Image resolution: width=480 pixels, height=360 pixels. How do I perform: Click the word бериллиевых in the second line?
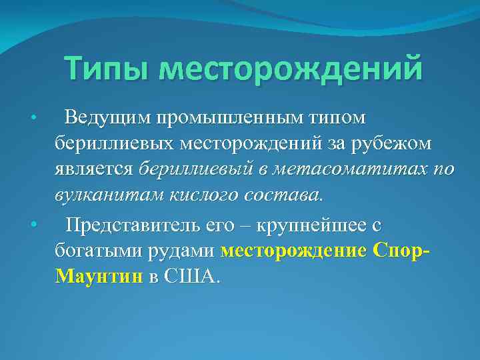coord(107,143)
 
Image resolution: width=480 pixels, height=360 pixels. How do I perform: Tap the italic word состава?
coord(285,195)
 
